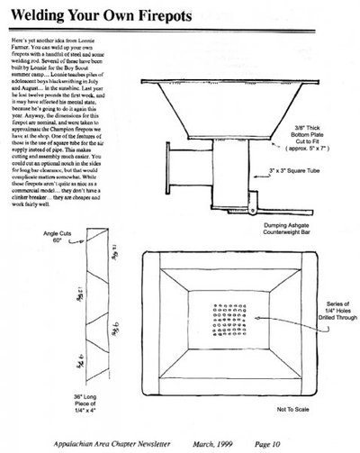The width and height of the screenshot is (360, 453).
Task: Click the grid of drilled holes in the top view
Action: click(x=222, y=321)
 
